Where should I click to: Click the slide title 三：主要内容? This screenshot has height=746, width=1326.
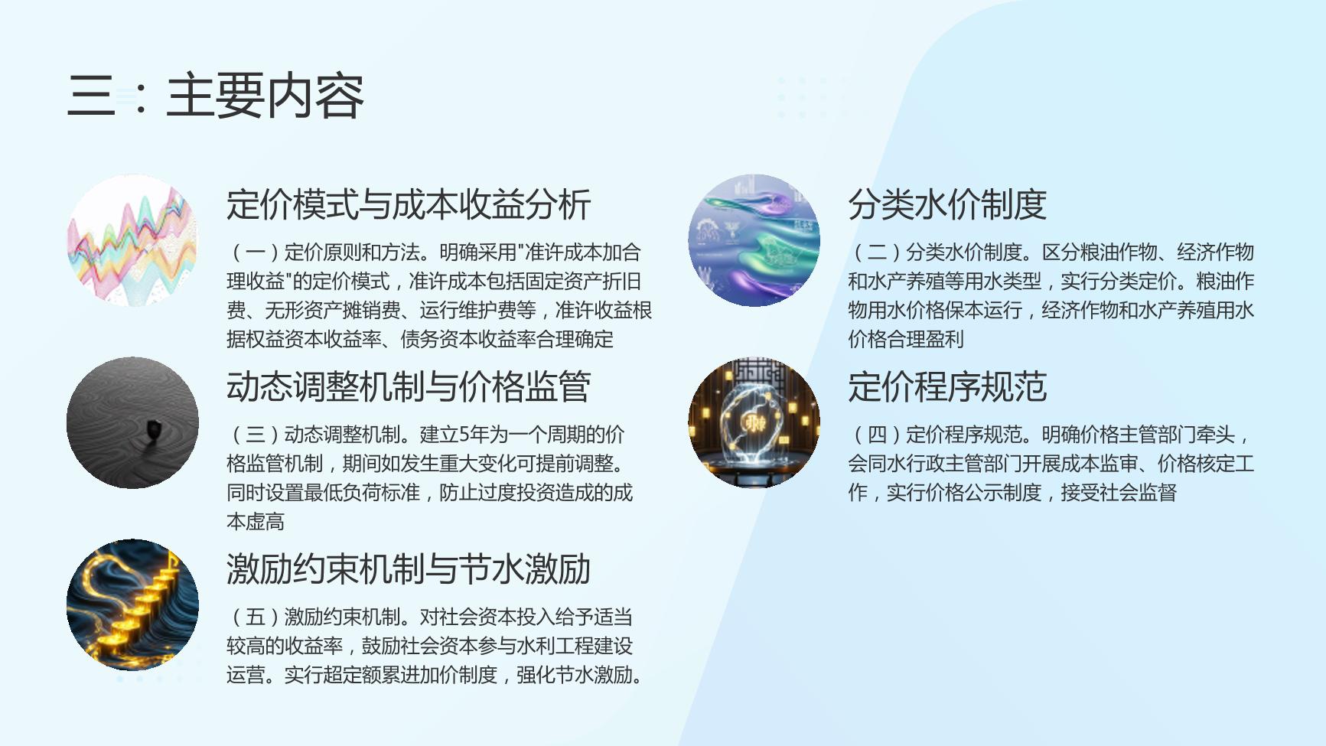coord(216,96)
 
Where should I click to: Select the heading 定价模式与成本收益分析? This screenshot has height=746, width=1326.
coord(409,204)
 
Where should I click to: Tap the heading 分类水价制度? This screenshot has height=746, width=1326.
coord(947,204)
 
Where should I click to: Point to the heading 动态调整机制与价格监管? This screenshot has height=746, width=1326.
coord(409,386)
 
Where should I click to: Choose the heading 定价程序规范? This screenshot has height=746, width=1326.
coord(947,386)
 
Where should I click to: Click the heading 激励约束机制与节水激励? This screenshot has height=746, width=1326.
coord(409,569)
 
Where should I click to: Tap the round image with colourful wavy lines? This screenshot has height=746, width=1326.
coord(132,240)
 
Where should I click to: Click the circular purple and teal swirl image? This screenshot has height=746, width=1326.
coord(754,240)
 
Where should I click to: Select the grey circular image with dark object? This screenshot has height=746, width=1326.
coord(132,422)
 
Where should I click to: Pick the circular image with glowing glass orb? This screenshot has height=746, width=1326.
coord(754,422)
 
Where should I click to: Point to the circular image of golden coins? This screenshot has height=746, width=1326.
coord(132,605)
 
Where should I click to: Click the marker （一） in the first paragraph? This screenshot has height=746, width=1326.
coord(255,252)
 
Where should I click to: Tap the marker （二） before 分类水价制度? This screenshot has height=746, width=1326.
coord(877,252)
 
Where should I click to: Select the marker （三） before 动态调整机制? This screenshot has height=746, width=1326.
coord(255,435)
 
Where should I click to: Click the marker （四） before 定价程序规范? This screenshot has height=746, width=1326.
coord(877,435)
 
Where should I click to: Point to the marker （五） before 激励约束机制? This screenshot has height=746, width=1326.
coord(255,617)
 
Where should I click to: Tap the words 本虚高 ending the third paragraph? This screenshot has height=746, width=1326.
coord(256,522)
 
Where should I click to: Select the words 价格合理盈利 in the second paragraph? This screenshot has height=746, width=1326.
coord(906,339)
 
